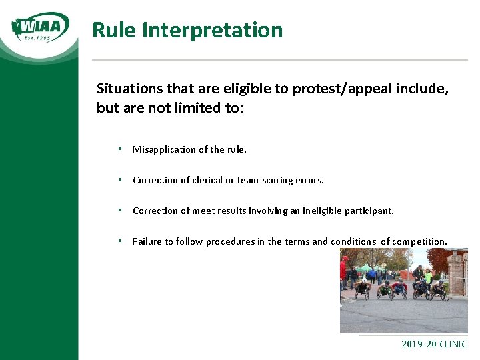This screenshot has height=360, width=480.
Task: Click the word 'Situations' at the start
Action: tap(127, 89)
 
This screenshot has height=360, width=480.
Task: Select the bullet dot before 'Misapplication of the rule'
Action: tap(119, 149)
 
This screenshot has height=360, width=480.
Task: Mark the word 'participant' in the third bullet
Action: tap(369, 211)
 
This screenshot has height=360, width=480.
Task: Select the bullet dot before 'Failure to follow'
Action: tap(119, 241)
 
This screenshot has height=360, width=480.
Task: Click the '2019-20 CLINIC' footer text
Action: tap(434, 345)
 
